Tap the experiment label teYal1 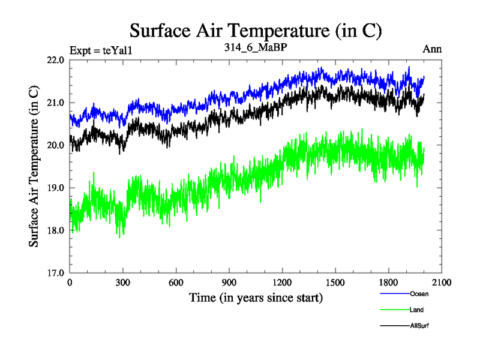click(x=100, y=49)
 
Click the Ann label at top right click(x=433, y=49)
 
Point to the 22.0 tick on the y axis click(x=56, y=60)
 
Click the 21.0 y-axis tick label click(x=56, y=103)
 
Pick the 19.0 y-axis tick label click(x=56, y=188)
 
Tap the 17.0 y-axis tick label click(x=56, y=273)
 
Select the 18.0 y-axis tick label click(x=56, y=230)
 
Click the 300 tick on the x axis click(x=123, y=283)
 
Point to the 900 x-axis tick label click(x=229, y=283)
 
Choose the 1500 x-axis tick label click(x=335, y=283)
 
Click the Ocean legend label click(x=419, y=294)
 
